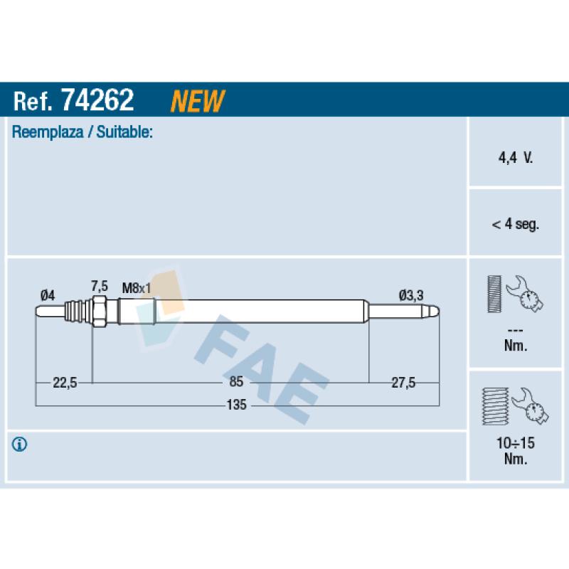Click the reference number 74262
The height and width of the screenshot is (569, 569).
coord(97,100)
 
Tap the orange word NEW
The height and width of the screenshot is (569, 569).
coord(198,100)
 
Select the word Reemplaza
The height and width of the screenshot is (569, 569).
coord(48,132)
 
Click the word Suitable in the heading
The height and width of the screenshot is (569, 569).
coord(124,132)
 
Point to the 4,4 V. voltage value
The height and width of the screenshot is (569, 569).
coord(515,157)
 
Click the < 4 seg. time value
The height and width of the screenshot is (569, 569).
coord(515,224)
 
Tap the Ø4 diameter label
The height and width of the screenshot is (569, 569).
coord(48,295)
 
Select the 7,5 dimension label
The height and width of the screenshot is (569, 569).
coord(100,286)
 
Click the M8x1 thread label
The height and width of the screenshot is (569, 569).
coord(137,289)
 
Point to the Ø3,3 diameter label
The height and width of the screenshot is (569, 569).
coord(411,295)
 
